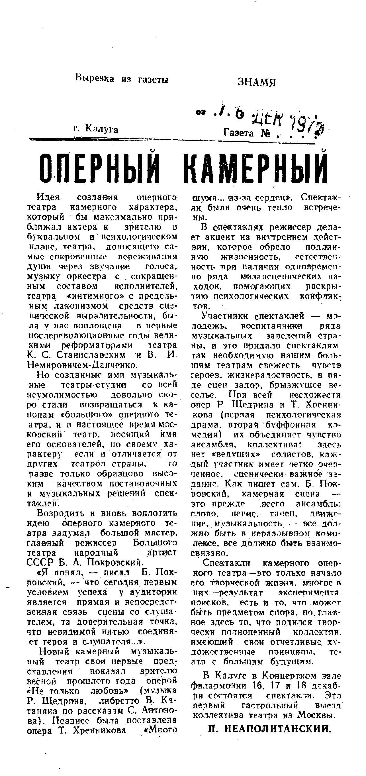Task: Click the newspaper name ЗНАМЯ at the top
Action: point(256,82)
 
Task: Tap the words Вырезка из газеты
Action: point(122,79)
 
